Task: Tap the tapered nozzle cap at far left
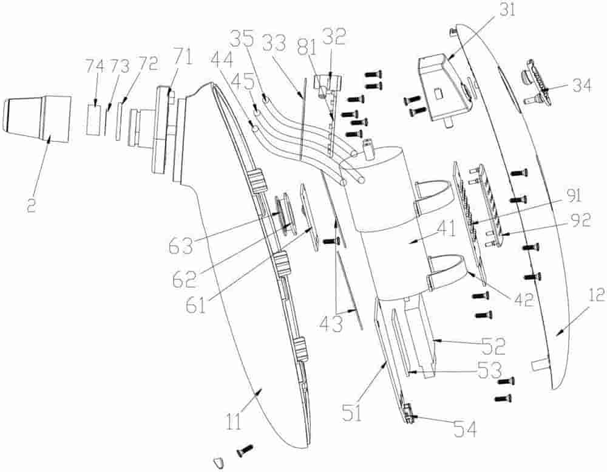coord(35,118)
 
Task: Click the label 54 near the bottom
coord(464,429)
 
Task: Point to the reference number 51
coord(352,414)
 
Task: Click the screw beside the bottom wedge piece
coord(245,450)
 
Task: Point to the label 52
coord(493,346)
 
